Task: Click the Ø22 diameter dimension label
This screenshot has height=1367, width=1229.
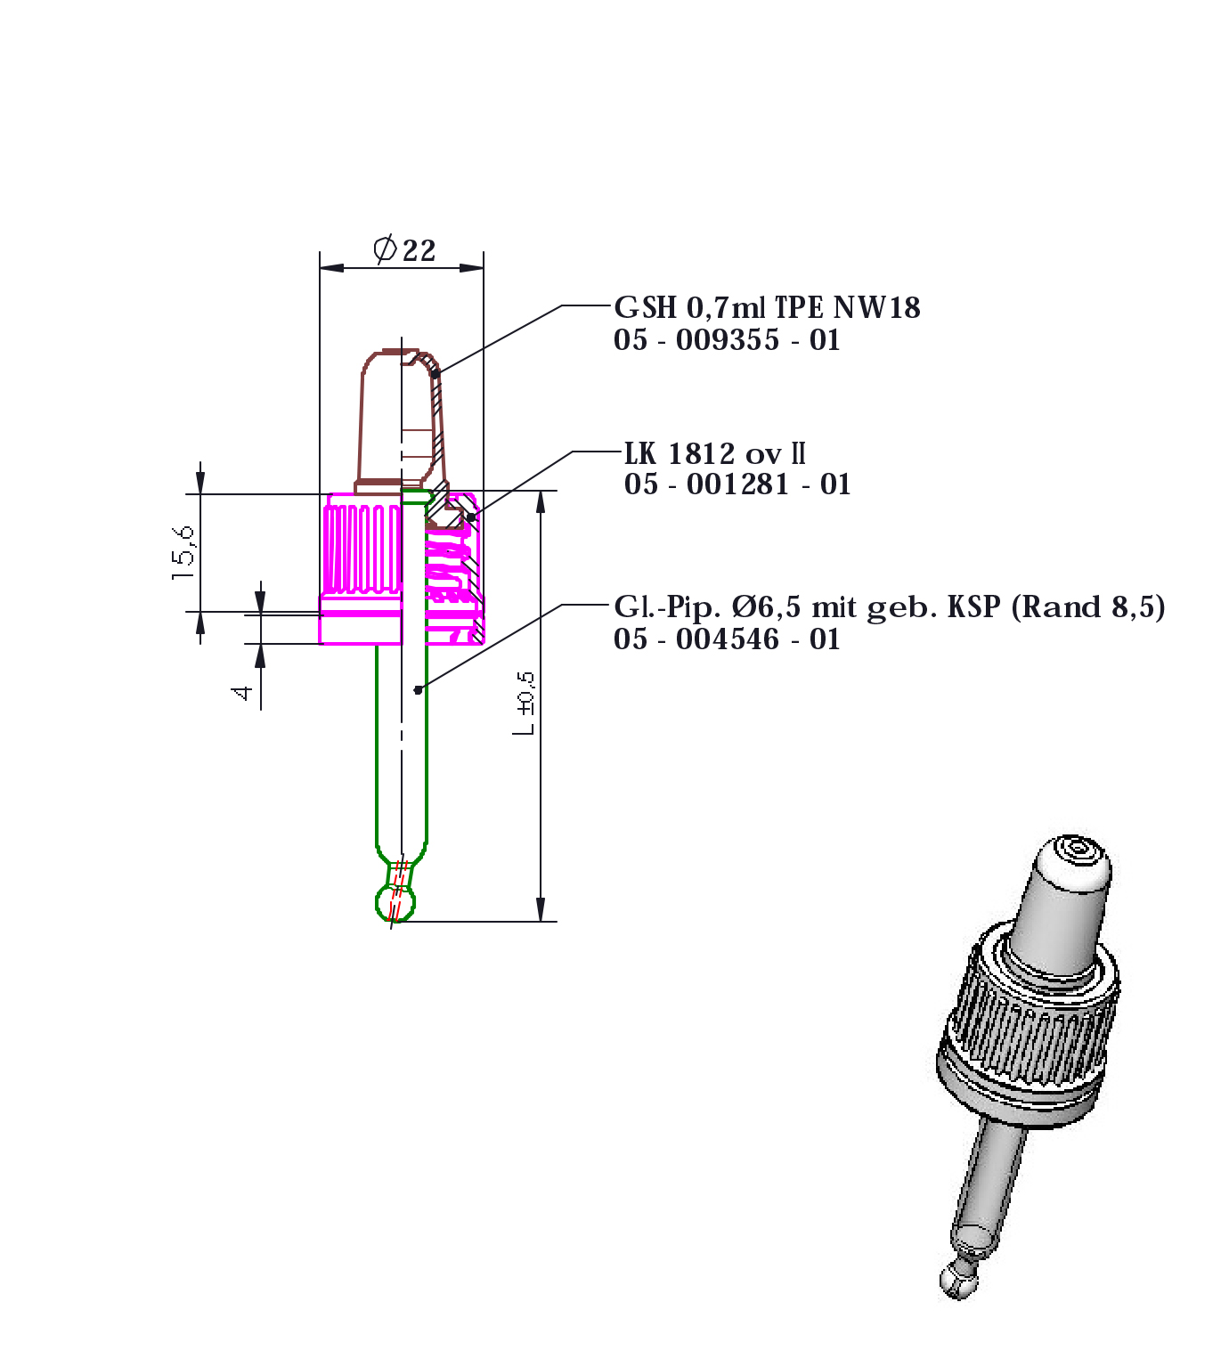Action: pyautogui.click(x=404, y=249)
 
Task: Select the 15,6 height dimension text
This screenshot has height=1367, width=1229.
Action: pyautogui.click(x=183, y=553)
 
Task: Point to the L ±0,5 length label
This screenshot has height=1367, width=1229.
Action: pyautogui.click(x=525, y=704)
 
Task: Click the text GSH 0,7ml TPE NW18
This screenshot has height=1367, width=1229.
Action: pyautogui.click(x=767, y=307)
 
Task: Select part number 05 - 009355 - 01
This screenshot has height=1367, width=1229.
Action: pyautogui.click(x=727, y=340)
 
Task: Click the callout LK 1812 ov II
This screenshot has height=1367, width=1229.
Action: pyautogui.click(x=714, y=453)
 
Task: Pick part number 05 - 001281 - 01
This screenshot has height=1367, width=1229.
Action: pyautogui.click(x=737, y=484)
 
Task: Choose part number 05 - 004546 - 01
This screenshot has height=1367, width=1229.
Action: pyautogui.click(x=727, y=639)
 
